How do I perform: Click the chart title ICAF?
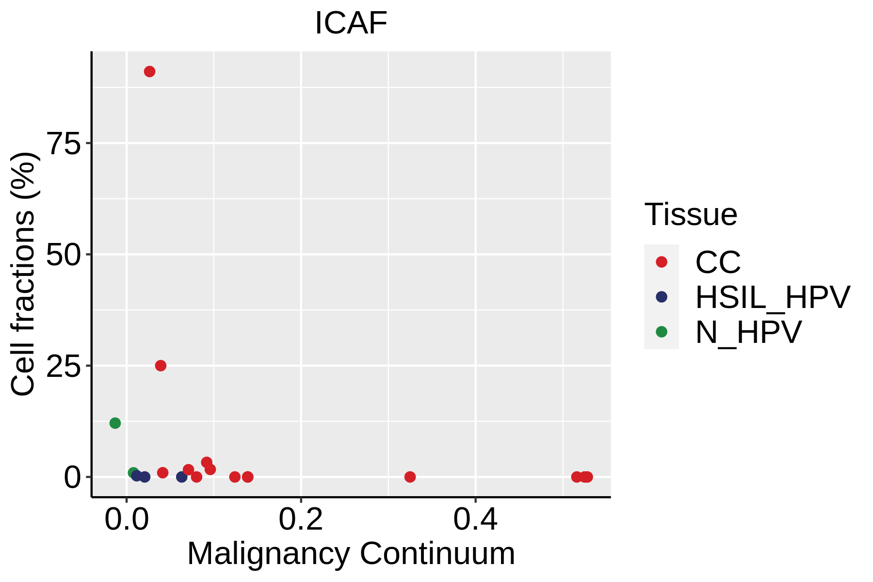[351, 23]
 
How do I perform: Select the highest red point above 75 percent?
[149, 71]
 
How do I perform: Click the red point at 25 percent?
[161, 365]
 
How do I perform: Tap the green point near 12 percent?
[115, 423]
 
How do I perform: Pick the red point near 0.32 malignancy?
[410, 477]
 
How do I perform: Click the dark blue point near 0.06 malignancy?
[182, 477]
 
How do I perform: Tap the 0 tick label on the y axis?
[72, 477]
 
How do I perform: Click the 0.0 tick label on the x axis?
[127, 519]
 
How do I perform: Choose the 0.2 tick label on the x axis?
[301, 519]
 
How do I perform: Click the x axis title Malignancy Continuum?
[351, 553]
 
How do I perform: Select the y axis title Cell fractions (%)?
[23, 274]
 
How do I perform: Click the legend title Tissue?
[691, 214]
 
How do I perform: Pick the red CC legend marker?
[662, 262]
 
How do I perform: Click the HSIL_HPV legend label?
[773, 297]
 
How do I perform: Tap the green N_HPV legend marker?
[662, 332]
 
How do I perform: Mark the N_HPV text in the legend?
[748, 333]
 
